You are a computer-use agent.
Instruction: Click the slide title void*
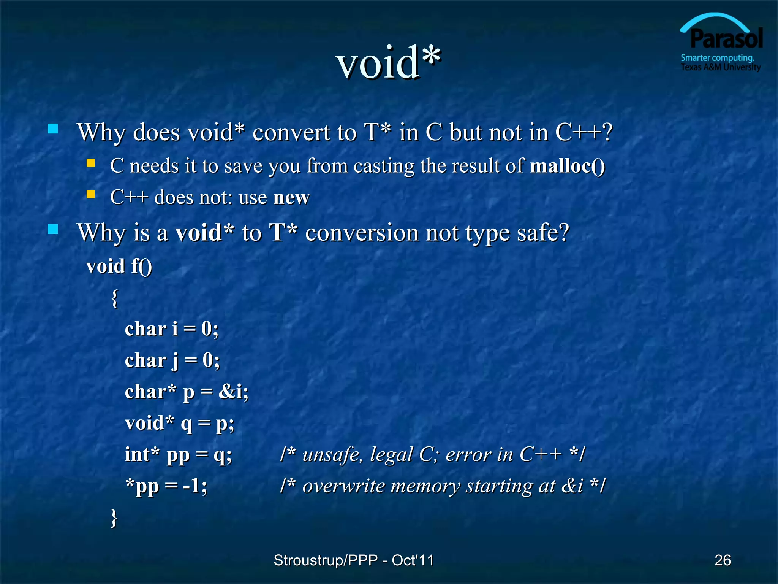(x=388, y=63)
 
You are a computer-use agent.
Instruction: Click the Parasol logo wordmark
(x=726, y=39)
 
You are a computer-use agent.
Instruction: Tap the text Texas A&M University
(x=720, y=68)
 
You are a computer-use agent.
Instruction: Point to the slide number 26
(x=723, y=560)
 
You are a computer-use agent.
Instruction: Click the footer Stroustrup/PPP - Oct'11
(x=353, y=560)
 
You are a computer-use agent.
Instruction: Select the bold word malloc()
(x=568, y=166)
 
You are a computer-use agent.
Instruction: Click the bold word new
(x=291, y=197)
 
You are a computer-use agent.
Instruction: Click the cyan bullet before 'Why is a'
(x=53, y=229)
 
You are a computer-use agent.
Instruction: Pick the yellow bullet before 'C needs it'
(x=91, y=163)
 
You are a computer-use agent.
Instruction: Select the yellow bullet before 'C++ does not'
(x=91, y=195)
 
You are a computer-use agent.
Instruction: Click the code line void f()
(x=119, y=266)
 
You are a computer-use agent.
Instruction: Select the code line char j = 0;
(x=172, y=360)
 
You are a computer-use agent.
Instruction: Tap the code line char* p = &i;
(x=187, y=392)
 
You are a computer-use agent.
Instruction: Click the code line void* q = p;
(x=179, y=424)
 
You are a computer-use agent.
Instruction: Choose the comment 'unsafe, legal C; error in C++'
(x=432, y=455)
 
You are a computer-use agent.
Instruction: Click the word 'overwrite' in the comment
(x=343, y=486)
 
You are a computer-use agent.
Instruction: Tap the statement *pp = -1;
(x=166, y=486)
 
